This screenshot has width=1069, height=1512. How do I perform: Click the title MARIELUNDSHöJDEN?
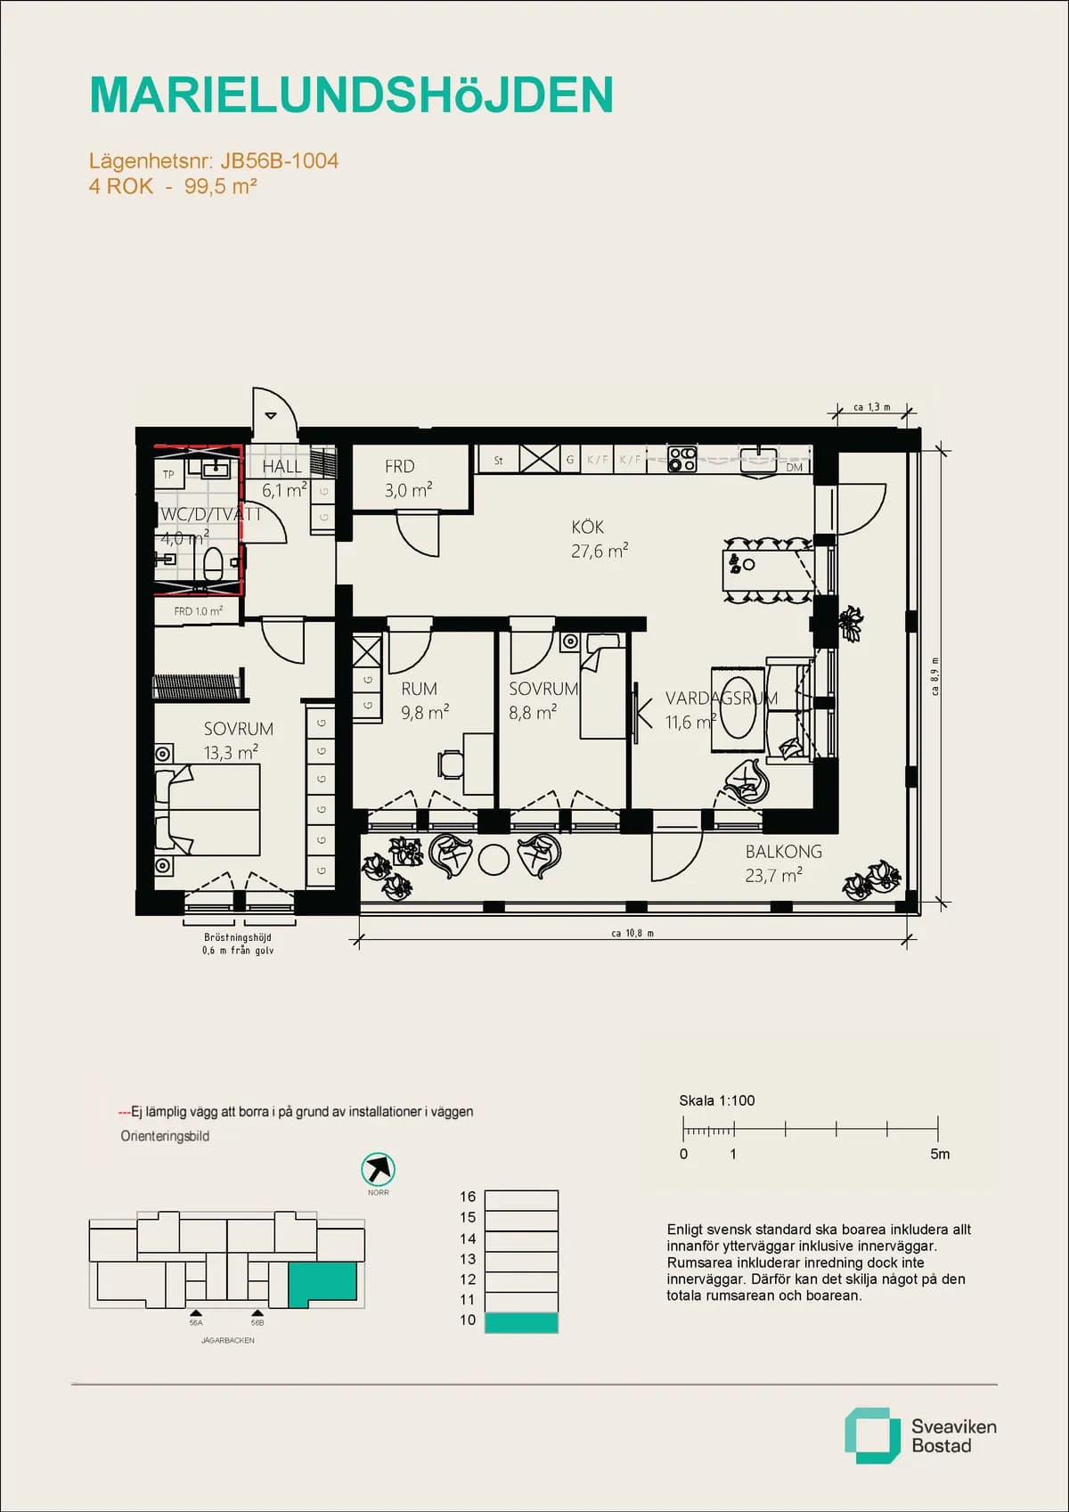pyautogui.click(x=351, y=95)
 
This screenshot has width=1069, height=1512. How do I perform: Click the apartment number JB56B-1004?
pyautogui.click(x=279, y=161)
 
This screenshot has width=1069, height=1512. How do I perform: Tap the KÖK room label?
pyautogui.click(x=588, y=527)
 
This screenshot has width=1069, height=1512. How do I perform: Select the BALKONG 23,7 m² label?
pyautogui.click(x=782, y=863)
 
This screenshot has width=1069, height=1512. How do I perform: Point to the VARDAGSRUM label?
pyautogui.click(x=721, y=699)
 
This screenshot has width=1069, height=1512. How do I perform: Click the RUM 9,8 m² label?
pyautogui.click(x=422, y=700)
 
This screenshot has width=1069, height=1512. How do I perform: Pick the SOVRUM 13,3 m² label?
pyautogui.click(x=237, y=740)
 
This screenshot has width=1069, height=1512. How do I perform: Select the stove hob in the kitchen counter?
pyautogui.click(x=682, y=459)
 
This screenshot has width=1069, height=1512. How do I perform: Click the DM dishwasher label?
pyautogui.click(x=794, y=467)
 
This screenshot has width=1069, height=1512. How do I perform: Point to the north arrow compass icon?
pyautogui.click(x=378, y=1169)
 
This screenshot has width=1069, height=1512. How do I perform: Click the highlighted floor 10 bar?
pyautogui.click(x=521, y=1322)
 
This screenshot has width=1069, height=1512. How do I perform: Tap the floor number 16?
pyautogui.click(x=468, y=1197)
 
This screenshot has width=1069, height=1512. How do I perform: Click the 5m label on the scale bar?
pyautogui.click(x=940, y=1154)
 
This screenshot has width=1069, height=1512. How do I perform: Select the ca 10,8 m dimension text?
pyautogui.click(x=632, y=933)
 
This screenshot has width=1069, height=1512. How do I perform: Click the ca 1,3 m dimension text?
pyautogui.click(x=871, y=407)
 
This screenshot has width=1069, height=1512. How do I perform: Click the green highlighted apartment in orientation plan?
pyautogui.click(x=322, y=1280)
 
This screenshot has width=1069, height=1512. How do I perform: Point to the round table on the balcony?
pyautogui.click(x=493, y=859)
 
